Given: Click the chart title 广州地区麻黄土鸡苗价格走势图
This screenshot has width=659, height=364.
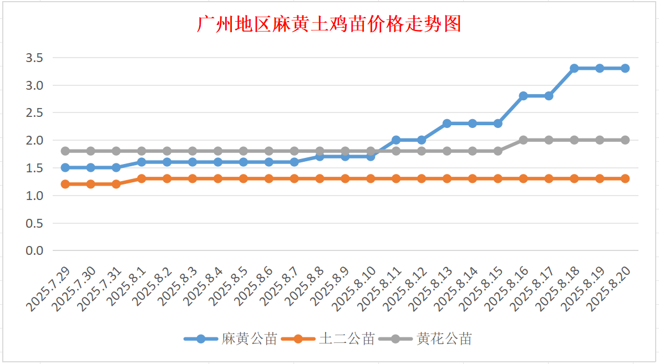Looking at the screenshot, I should tap(329, 24).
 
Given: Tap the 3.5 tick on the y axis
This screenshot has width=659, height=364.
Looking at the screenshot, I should tap(34, 58).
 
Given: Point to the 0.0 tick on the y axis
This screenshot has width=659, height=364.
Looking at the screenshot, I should tap(34, 251).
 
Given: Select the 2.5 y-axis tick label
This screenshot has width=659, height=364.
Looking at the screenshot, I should tap(34, 112).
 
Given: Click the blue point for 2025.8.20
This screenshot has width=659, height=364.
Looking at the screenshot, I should tap(625, 68).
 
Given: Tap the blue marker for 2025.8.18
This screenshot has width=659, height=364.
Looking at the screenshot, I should tap(574, 68).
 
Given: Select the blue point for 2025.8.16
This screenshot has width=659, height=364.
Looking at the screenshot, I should tap(523, 96).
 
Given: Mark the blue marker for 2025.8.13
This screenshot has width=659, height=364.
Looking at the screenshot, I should tap(447, 124).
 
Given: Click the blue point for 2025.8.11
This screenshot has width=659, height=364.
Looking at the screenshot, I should tap(396, 140).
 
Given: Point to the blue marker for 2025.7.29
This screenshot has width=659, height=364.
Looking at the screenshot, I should tap(65, 167).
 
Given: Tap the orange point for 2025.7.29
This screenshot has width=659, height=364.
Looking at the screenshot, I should tap(65, 184).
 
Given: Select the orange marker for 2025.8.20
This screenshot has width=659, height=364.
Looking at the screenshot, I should tap(625, 178).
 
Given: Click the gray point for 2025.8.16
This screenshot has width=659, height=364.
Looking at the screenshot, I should tap(523, 140).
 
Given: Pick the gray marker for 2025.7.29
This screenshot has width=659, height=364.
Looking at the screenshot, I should tap(65, 151).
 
